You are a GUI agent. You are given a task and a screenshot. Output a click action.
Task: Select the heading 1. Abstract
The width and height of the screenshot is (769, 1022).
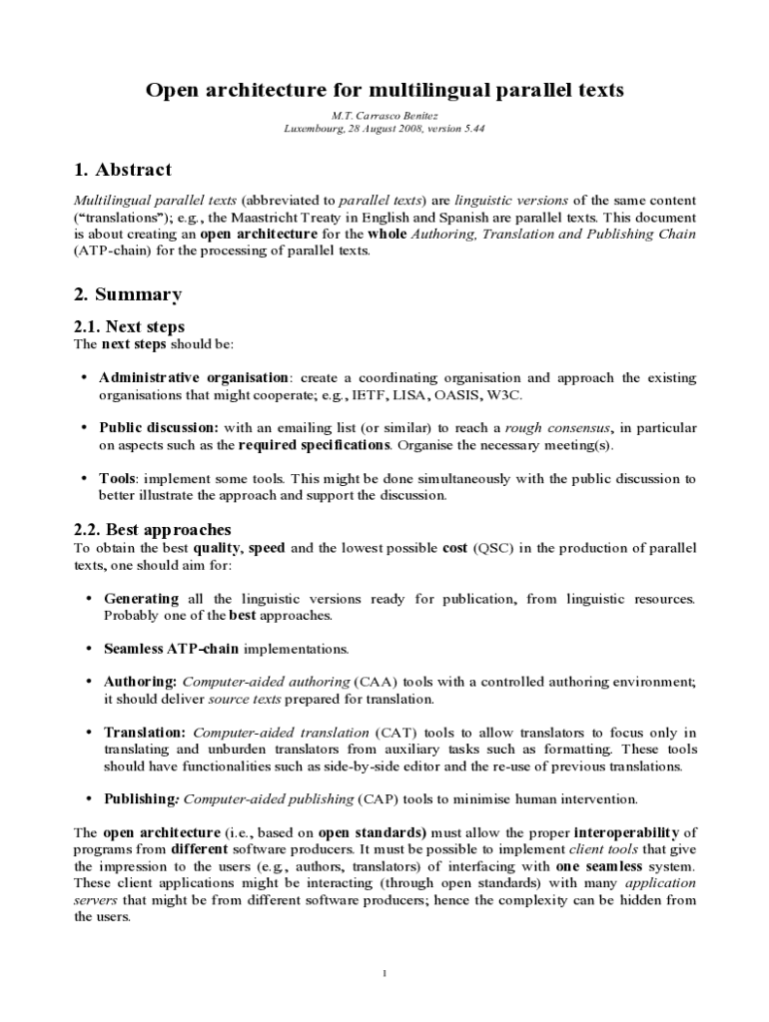[x=123, y=170]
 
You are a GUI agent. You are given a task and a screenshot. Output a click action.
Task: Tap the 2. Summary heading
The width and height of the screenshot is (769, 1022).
[x=128, y=294]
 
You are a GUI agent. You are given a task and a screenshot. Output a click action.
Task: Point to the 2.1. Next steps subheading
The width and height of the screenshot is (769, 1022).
[x=130, y=326]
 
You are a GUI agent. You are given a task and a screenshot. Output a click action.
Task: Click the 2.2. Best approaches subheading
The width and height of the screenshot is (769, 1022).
[x=153, y=529]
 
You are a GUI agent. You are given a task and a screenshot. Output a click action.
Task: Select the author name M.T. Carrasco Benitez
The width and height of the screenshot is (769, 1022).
[x=384, y=116]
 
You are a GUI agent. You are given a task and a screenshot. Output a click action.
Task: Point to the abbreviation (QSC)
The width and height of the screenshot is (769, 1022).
[x=493, y=548]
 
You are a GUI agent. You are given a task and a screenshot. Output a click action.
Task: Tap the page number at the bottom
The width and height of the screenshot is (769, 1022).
[x=384, y=974]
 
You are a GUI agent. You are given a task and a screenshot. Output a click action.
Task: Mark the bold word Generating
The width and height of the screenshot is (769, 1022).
[x=141, y=599]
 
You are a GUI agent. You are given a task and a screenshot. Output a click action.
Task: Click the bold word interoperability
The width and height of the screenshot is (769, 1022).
[x=625, y=832]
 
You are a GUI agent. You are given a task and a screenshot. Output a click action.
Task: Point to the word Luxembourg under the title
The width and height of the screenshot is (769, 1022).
[x=315, y=130]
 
